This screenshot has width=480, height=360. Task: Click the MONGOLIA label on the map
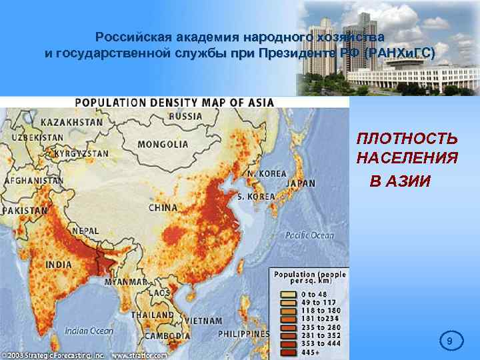point(163,144)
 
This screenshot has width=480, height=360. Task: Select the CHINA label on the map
point(163,208)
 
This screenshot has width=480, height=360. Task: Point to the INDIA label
point(58,265)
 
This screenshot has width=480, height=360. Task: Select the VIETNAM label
point(203,321)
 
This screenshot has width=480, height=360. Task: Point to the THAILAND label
point(152,315)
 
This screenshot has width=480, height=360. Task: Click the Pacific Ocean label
point(309,235)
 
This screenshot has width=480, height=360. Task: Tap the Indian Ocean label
point(89,330)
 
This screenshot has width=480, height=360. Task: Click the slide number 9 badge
point(449,342)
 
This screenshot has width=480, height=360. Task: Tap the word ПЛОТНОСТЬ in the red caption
point(407,139)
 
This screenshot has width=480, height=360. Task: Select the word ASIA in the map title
point(257,102)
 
